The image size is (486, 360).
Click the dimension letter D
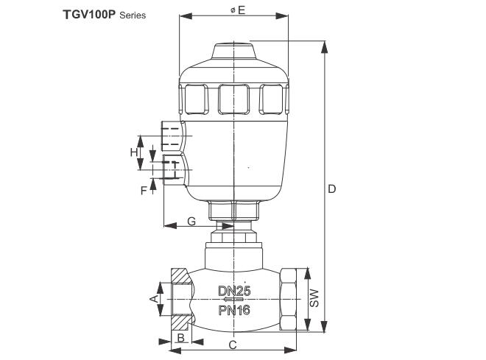332,189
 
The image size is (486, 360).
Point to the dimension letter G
191,220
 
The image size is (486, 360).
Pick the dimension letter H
134,152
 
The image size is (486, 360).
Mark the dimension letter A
153,299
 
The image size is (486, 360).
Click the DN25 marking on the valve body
234,291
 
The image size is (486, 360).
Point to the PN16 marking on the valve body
234,310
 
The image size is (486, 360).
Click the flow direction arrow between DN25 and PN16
233,300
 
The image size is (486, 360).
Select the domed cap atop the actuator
233,54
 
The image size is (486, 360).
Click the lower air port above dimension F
172,169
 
